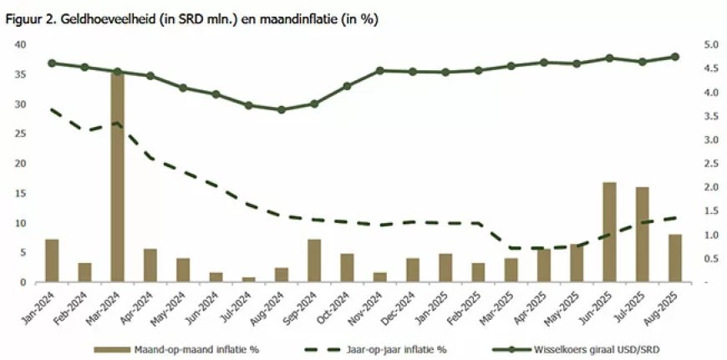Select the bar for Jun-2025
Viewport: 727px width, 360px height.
[609, 232]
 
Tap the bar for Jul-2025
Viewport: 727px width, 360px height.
[643, 235]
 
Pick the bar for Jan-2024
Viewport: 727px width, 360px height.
[52, 261]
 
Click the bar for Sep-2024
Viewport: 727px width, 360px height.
[314, 261]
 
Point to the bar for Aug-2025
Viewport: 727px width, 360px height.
[675, 258]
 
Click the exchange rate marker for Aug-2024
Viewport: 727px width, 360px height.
[282, 109]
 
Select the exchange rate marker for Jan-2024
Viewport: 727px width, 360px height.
[52, 63]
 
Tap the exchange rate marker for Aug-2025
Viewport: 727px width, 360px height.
[675, 57]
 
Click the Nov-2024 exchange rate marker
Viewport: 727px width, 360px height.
[380, 71]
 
